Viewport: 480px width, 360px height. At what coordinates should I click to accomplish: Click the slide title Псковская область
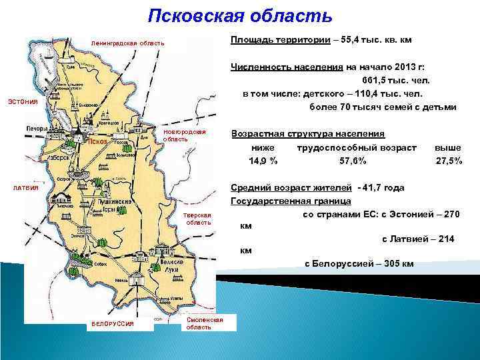[239, 15]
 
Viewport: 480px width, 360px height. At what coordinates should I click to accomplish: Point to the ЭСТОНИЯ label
[23, 101]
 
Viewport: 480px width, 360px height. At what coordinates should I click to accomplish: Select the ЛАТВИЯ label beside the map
[27, 188]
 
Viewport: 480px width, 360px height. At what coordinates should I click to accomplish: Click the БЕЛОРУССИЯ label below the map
[113, 324]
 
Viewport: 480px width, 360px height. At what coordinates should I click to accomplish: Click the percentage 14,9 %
[263, 161]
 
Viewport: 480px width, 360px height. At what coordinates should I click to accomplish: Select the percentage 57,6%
[353, 161]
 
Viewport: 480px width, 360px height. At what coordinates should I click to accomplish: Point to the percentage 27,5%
[449, 161]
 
